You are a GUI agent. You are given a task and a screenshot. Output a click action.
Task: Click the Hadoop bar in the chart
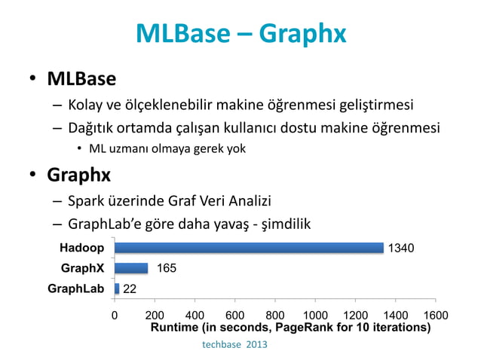249,248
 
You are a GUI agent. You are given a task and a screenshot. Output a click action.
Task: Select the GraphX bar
131,268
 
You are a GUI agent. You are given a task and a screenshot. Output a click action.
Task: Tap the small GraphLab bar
117,288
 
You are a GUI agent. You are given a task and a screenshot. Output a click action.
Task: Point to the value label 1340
400,249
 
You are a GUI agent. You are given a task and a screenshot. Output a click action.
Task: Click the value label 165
167,268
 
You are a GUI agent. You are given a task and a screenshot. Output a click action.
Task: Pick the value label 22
130,289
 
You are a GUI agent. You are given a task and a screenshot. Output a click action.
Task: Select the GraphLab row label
75,288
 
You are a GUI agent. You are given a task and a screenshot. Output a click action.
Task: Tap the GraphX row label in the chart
82,268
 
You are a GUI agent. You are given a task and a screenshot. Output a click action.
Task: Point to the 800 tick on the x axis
274,316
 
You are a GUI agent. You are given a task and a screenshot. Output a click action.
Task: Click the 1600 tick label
435,316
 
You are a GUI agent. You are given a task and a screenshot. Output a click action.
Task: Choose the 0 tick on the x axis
115,316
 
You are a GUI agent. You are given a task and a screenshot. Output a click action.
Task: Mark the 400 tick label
195,316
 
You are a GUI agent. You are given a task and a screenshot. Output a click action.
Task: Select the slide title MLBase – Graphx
240,33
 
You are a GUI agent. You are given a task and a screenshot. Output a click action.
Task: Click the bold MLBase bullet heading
81,78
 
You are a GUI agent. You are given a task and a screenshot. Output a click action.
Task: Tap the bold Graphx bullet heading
78,175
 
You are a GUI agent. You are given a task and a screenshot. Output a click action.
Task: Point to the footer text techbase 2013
234,344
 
